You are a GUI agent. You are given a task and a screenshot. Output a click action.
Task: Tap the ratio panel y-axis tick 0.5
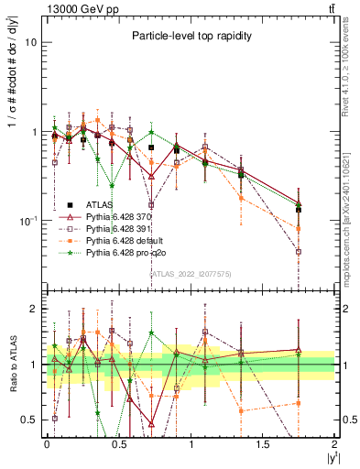click(29, 420)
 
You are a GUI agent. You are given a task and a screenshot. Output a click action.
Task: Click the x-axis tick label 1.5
click(264, 443)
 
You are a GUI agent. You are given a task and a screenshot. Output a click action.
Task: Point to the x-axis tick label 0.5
click(119, 443)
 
